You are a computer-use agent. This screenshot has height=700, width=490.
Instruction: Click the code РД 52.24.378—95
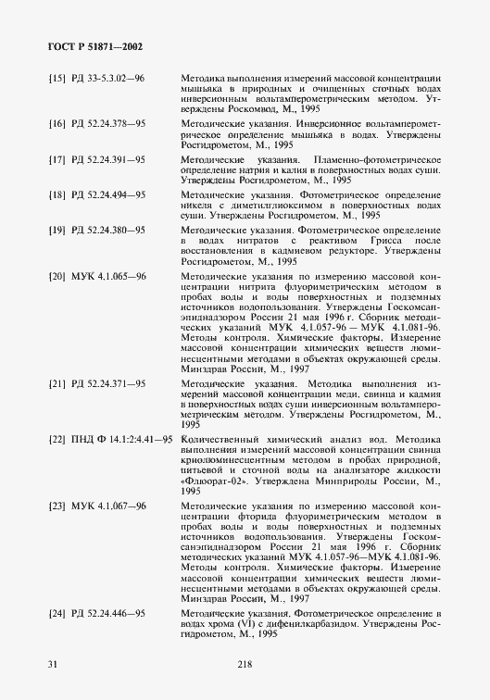pyautogui.click(x=108, y=121)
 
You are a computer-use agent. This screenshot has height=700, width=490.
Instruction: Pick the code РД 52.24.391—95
pyautogui.click(x=108, y=159)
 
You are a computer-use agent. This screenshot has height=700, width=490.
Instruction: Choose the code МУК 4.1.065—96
pyautogui.click(x=108, y=276)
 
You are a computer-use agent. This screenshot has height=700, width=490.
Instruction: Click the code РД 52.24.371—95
pyautogui.click(x=108, y=381)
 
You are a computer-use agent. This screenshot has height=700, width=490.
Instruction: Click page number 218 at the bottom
pyautogui.click(x=245, y=664)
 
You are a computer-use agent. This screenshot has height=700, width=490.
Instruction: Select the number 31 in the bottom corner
pyautogui.click(x=54, y=664)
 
